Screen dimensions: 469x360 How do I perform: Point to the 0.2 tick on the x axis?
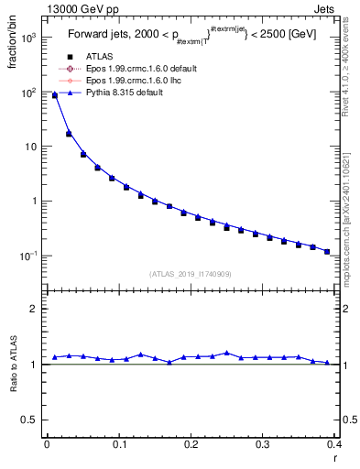190,444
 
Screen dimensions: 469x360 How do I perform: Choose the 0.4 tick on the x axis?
333,444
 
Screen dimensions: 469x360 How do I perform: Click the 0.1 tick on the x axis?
118,444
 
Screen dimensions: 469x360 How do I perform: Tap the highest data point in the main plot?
54,95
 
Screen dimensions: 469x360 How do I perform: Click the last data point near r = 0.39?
327,251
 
